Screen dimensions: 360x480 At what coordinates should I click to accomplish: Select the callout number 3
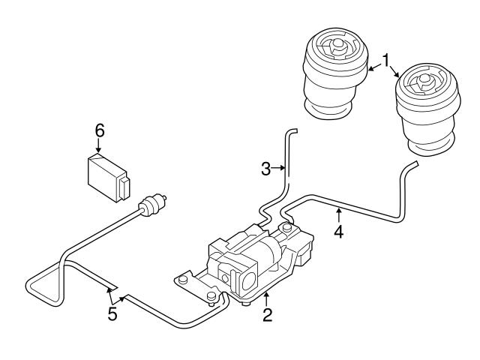[265, 169]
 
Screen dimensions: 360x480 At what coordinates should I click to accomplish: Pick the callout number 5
[112, 313]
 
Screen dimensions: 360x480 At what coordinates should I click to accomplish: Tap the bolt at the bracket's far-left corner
[181, 281]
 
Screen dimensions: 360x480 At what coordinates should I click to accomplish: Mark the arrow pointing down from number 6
[99, 148]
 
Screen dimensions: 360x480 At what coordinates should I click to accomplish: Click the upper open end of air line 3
[292, 131]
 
